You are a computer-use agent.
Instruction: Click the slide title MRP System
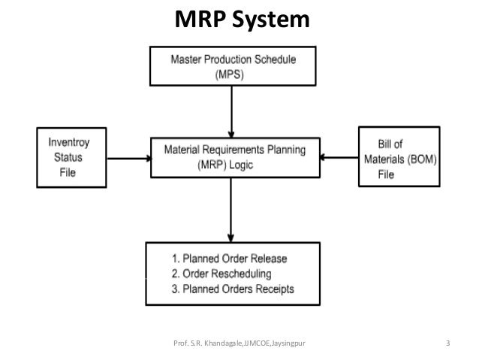click(x=242, y=20)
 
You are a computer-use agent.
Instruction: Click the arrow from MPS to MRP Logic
click(x=231, y=112)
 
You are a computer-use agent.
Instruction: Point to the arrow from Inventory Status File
click(x=129, y=159)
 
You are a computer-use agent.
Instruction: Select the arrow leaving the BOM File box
click(x=339, y=158)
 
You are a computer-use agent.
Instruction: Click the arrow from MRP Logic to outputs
click(x=231, y=210)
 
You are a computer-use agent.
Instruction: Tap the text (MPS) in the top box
click(x=230, y=74)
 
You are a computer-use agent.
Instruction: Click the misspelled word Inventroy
click(x=69, y=143)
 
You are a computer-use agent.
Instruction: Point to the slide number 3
click(x=447, y=343)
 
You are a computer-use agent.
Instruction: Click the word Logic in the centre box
click(x=241, y=165)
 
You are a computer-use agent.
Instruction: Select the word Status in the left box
click(x=68, y=158)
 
